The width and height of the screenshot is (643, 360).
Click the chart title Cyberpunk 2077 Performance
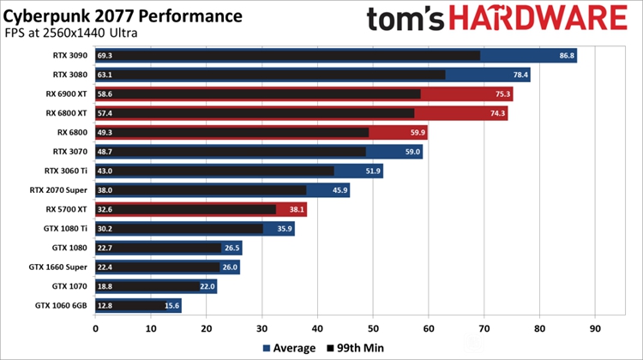click(123, 17)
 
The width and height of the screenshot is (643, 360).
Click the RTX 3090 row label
click(70, 56)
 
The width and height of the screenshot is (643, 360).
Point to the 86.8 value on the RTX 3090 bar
click(566, 56)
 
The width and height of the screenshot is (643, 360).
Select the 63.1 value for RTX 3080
click(106, 75)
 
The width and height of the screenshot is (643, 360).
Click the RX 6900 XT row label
click(66, 94)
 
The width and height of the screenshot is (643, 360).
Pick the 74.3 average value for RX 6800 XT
click(496, 113)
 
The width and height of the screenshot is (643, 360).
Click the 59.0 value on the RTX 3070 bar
click(412, 152)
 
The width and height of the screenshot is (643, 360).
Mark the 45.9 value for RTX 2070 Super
click(339, 190)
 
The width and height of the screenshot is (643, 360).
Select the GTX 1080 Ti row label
click(66, 229)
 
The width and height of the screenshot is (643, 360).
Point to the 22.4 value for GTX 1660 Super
click(106, 267)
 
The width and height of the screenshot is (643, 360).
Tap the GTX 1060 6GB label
click(62, 306)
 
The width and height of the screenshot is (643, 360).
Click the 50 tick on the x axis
click(373, 327)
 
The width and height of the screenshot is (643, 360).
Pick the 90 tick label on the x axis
click(595, 327)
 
